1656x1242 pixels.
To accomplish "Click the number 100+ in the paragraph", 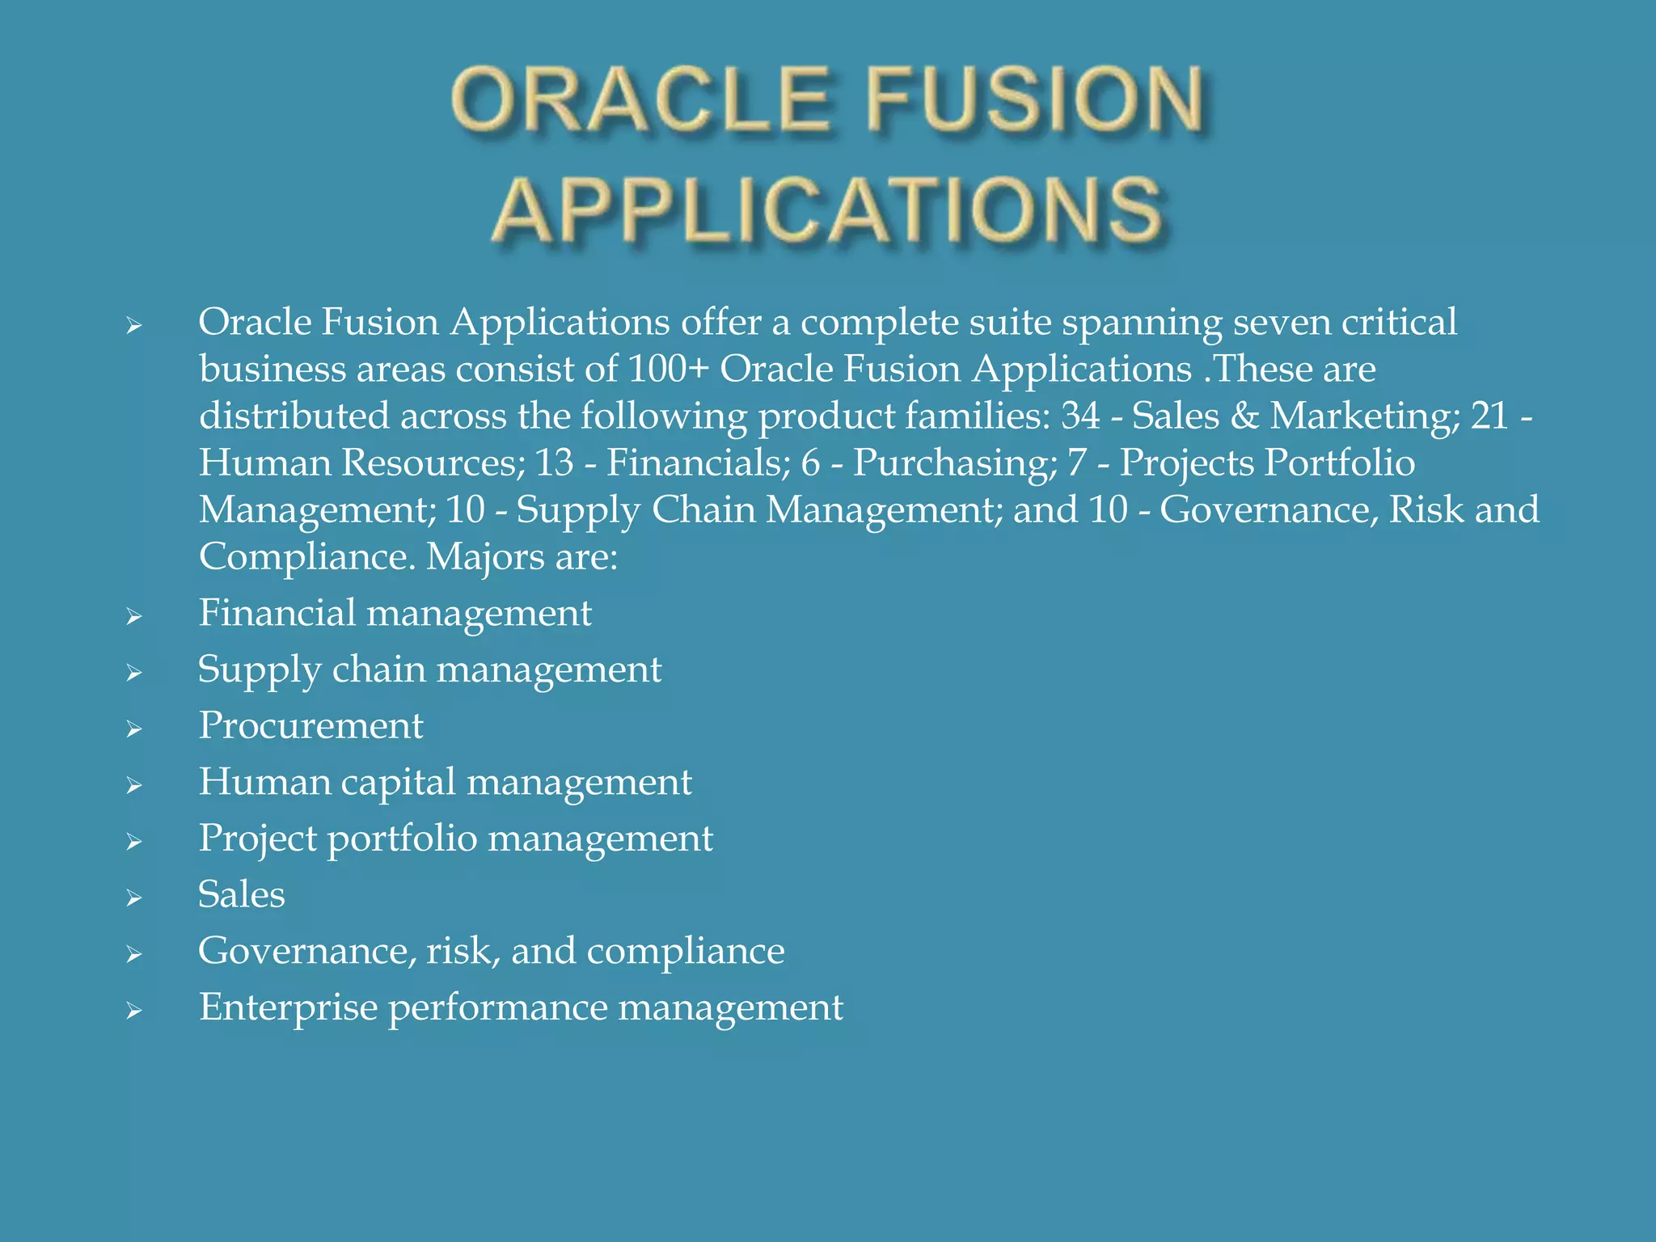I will coord(668,370).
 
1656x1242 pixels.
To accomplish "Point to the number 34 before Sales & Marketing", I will coord(1081,416).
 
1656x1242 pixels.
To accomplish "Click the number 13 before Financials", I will coord(554,463).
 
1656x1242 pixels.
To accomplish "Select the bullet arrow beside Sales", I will coord(134,898).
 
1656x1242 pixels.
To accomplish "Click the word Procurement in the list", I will coord(310,725).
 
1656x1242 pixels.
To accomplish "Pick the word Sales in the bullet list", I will coord(242,894).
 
